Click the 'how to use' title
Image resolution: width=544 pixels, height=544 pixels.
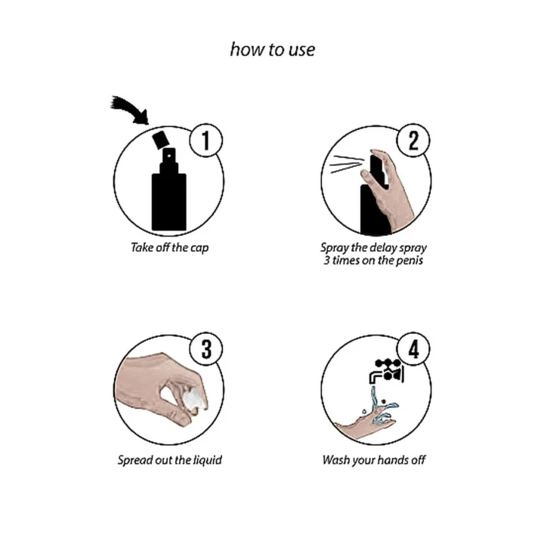tap(272, 50)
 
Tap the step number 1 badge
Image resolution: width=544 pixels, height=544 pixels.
tap(206, 141)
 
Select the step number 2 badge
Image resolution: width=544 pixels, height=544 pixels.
tap(413, 141)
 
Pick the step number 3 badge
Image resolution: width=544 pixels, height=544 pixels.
tap(206, 349)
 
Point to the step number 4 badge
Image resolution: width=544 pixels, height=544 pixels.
tap(413, 349)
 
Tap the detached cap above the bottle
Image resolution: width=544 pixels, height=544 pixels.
tap(161, 140)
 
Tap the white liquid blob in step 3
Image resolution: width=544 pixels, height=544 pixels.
tap(195, 400)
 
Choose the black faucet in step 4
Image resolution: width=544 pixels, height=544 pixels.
tap(387, 371)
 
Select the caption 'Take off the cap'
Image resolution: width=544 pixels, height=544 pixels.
tap(170, 248)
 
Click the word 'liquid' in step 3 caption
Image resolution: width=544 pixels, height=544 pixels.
tap(208, 460)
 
